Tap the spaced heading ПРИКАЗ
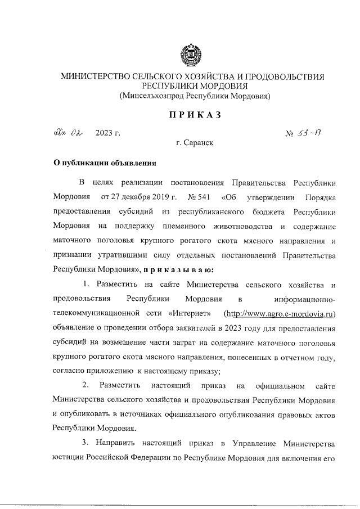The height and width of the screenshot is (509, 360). click(x=195, y=115)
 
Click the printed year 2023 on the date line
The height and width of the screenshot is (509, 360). click(x=104, y=133)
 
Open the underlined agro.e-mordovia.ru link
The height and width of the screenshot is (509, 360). click(x=280, y=313)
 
